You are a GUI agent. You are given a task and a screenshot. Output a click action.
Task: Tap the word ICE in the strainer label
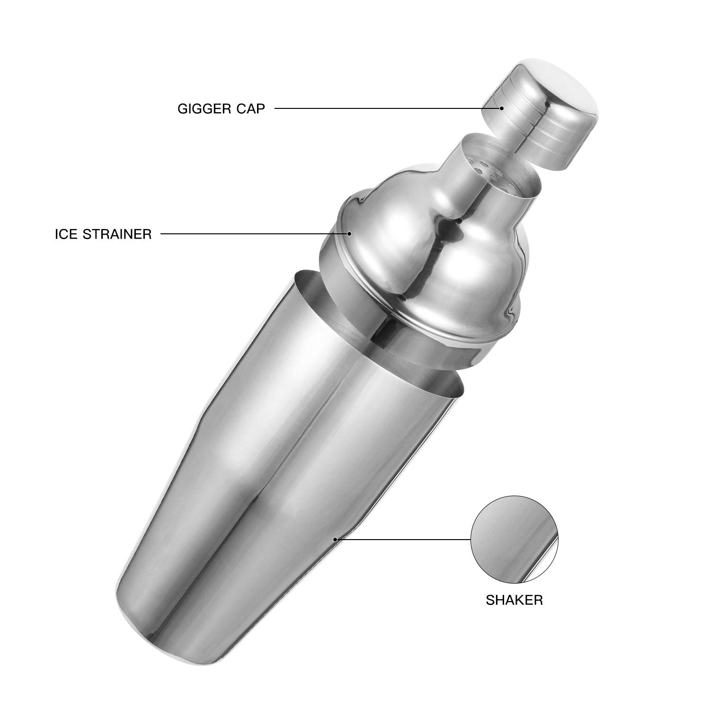point(65,234)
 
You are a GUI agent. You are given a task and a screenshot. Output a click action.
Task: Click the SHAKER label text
point(514,600)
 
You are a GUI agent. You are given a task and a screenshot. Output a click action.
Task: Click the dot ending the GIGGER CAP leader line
point(501,108)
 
